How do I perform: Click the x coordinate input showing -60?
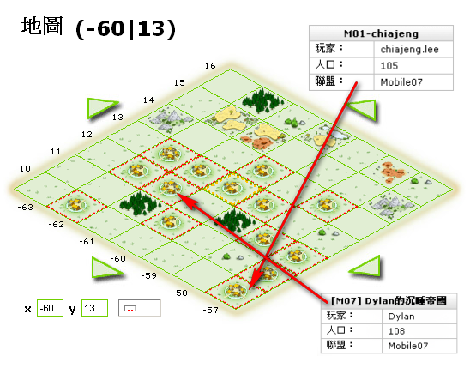50,308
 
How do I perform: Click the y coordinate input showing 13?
94,308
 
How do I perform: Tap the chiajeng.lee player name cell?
413,49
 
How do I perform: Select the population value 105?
413,66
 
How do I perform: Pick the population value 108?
419,331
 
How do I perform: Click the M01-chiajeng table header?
381,33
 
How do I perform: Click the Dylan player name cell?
419,317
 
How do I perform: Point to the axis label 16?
210,66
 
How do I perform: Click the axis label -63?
26,207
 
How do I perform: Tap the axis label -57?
211,310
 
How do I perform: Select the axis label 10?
25,168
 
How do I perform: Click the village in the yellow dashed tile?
232,188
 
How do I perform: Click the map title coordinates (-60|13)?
125,29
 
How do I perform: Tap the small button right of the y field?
140,308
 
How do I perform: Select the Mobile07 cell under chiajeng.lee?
413,82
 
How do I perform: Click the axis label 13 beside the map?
117,117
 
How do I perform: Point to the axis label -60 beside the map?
117,258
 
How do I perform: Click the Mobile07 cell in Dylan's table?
419,346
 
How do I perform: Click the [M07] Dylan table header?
389,300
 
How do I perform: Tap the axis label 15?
179,82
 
